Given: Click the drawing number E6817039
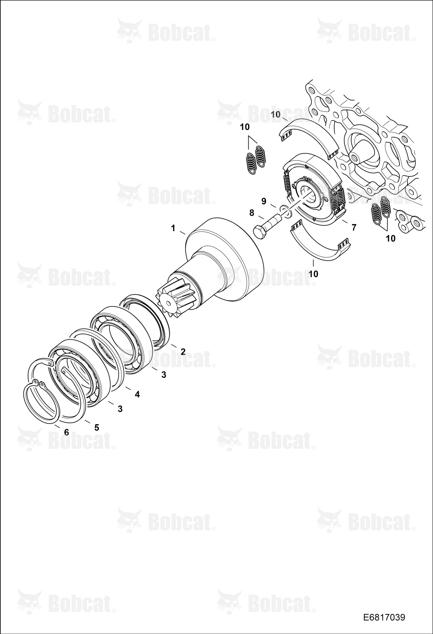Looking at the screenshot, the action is tap(384, 618).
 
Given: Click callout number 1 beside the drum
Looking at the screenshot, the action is tap(173, 228).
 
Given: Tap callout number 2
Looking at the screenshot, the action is tap(183, 351).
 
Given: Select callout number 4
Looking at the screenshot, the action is tap(137, 394).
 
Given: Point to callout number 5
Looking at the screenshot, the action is tap(97, 427).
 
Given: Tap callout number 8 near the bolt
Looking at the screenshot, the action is tap(252, 213).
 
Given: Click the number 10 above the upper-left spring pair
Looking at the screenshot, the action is tap(245, 127).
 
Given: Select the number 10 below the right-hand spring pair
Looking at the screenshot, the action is tap(391, 238).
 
